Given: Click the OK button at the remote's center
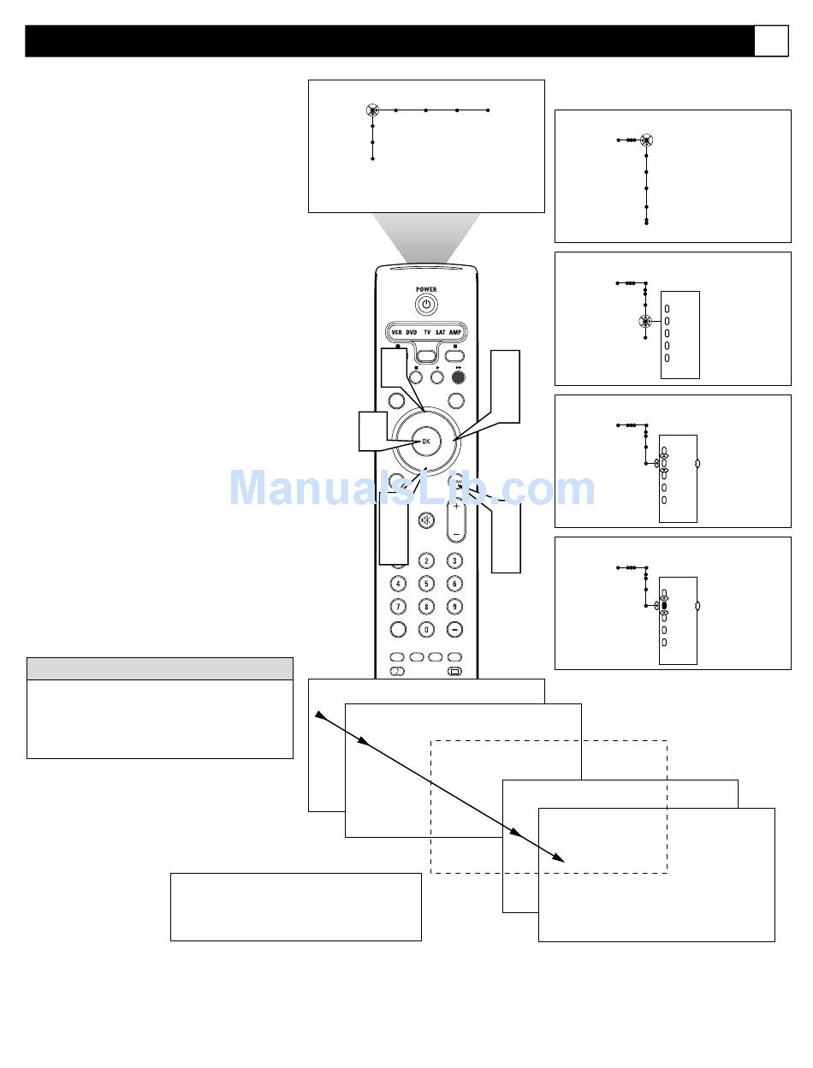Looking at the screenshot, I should pyautogui.click(x=425, y=442).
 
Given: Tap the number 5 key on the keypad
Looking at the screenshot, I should pyautogui.click(x=426, y=584).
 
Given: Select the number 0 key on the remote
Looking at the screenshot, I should pyautogui.click(x=426, y=629).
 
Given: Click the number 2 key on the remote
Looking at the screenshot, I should pyautogui.click(x=426, y=561).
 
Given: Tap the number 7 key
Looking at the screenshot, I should pyautogui.click(x=398, y=607).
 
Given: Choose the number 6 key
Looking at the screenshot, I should pyautogui.click(x=455, y=584).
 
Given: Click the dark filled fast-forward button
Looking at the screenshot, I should pyautogui.click(x=459, y=375).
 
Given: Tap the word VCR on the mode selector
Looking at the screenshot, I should pyautogui.click(x=396, y=332).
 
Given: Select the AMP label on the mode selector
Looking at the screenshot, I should pyautogui.click(x=455, y=332).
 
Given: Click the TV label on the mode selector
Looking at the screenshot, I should pyautogui.click(x=426, y=332).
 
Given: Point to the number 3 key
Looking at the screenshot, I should pyautogui.click(x=455, y=561).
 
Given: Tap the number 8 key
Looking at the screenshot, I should pyautogui.click(x=426, y=607).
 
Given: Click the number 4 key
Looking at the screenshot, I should pyautogui.click(x=398, y=584).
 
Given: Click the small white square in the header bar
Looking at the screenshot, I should pyautogui.click(x=771, y=41).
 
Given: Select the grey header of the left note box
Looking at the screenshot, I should pyautogui.click(x=160, y=668).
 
